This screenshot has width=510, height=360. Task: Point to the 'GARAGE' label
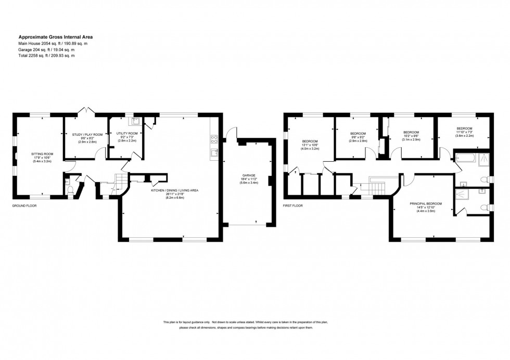(x=248, y=175)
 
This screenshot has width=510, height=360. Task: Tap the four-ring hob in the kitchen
(x=213, y=139)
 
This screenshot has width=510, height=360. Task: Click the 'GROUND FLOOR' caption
(x=24, y=206)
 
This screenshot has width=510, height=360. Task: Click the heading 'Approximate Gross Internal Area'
(x=56, y=37)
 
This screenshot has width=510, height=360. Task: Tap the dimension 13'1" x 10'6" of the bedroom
(x=310, y=146)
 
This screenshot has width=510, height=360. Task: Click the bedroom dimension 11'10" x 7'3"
(x=464, y=132)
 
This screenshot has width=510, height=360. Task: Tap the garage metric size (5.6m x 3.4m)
(x=248, y=183)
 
